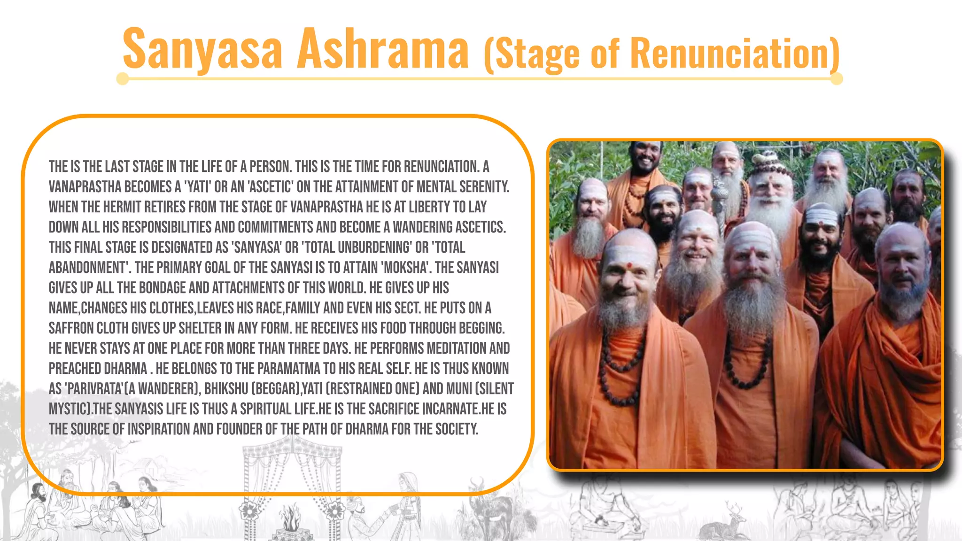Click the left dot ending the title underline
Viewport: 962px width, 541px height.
[123, 79]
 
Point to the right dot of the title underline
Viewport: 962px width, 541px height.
[837, 79]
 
